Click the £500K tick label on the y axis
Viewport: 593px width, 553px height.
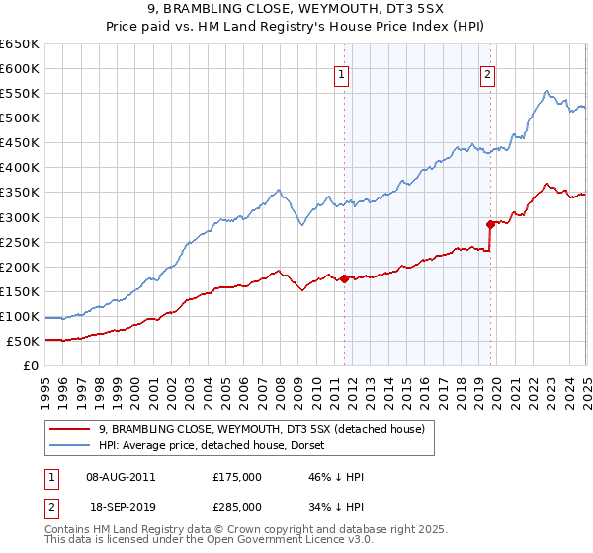(x=20, y=118)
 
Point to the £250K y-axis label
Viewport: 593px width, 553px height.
(x=20, y=242)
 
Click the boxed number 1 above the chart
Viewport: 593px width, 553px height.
(x=342, y=72)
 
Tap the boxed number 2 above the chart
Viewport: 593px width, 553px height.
(x=488, y=72)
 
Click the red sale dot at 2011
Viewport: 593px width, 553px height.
(x=344, y=278)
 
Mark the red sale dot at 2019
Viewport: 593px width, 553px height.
(x=490, y=224)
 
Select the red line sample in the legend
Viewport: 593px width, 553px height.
(x=70, y=429)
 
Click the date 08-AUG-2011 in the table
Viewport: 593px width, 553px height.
(x=121, y=477)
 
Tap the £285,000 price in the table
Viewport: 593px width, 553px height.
(x=237, y=507)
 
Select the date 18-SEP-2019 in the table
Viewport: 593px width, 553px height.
(x=121, y=507)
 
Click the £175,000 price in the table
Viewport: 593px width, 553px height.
(x=237, y=477)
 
